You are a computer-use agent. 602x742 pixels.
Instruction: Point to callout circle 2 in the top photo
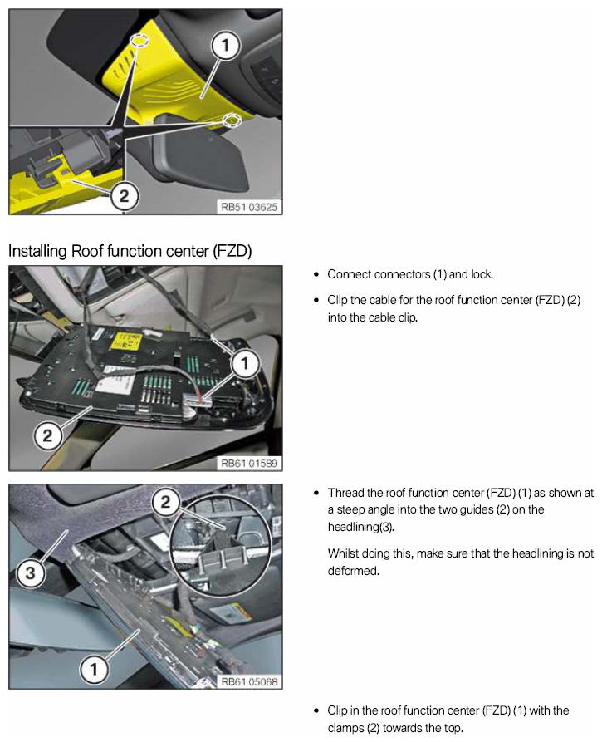click(123, 195)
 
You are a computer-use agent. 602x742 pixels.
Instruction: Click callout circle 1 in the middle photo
click(244, 362)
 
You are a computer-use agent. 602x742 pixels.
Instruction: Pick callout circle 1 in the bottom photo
click(94, 667)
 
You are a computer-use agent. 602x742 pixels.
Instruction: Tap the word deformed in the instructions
click(353, 571)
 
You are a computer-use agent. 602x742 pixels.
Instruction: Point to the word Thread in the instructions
click(345, 493)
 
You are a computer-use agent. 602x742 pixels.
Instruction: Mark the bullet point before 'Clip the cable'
click(317, 300)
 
